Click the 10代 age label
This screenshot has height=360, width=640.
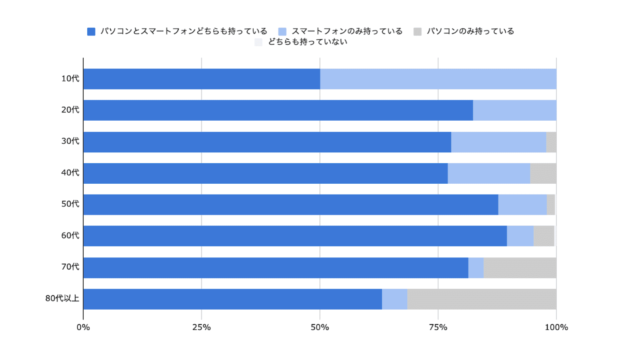[70, 79]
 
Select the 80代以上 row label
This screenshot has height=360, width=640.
[62, 298]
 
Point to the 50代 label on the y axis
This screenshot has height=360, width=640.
[70, 204]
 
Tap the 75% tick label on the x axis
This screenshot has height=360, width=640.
[438, 327]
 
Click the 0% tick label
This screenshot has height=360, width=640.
[83, 327]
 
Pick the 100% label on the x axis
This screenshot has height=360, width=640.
[556, 327]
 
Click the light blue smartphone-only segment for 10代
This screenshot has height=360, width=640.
[438, 79]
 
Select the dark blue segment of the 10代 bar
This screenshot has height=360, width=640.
[202, 79]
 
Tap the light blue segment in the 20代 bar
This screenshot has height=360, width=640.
[514, 110]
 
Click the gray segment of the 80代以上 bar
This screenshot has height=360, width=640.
[481, 299]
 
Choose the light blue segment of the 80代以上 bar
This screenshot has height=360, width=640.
[394, 299]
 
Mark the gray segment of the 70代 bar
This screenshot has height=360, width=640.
[520, 268]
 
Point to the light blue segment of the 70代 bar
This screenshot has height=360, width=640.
[476, 268]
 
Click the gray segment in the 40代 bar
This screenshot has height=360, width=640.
[543, 173]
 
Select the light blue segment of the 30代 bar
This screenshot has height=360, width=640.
[498, 142]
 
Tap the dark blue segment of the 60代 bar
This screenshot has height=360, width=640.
[295, 236]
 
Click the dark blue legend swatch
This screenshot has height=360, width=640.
[91, 32]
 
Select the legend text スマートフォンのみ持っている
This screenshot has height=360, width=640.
[347, 31]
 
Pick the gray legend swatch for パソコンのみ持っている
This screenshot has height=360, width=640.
[417, 32]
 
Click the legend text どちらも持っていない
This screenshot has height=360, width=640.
[308, 42]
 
